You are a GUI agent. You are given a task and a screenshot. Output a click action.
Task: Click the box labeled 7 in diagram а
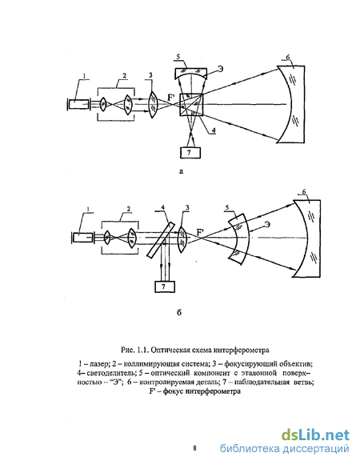coord(190,152)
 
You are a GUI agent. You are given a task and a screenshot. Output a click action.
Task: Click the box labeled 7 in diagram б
coord(165,287)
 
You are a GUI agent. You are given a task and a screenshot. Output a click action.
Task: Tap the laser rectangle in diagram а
coord(78,104)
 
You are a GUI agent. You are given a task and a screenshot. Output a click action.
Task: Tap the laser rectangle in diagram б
coord(82,238)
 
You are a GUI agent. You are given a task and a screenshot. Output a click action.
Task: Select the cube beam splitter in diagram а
coord(191,104)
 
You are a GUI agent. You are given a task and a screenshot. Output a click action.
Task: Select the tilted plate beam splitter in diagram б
coord(161,239)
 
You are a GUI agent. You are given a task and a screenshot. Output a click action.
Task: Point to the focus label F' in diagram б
coord(202,232)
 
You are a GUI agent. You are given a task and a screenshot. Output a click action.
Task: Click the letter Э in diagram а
coord(220,69)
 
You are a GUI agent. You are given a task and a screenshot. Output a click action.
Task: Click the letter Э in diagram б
coord(267,224)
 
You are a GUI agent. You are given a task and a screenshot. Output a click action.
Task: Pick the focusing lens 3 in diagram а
coord(153,104)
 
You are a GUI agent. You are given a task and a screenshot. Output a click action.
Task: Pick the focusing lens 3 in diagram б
coord(182,239)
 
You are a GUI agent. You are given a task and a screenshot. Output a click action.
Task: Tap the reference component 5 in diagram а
coord(190,73)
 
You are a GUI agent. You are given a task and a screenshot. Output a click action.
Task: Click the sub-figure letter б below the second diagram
coord(179,313)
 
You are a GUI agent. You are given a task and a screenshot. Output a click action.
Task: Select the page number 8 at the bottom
coord(194,448)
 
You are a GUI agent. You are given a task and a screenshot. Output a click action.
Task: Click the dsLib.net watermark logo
coord(315,435)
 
